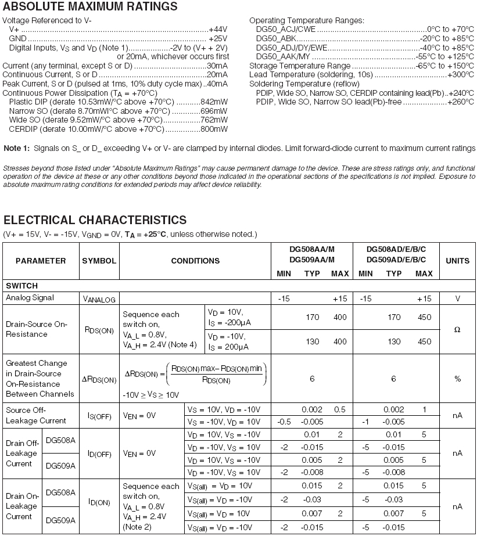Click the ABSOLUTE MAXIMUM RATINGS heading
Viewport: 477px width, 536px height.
[x=90, y=7]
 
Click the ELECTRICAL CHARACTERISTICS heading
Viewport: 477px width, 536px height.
[x=95, y=220]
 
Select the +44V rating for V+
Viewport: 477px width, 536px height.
[x=218, y=28]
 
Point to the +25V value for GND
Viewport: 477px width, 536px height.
[x=218, y=38]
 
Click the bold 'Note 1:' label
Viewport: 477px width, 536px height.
[x=16, y=148]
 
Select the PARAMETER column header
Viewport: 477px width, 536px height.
[x=41, y=261]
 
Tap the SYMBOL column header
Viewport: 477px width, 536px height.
[x=99, y=261]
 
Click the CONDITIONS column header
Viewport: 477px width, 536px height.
[x=195, y=261]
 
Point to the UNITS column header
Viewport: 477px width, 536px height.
[x=457, y=261]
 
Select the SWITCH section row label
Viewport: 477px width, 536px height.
[x=21, y=286]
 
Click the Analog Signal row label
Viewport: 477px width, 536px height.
[x=30, y=298]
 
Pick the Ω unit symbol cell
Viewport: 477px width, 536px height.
[x=457, y=329]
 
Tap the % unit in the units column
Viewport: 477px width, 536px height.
[x=457, y=379]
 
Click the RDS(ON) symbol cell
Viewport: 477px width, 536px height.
[x=99, y=329]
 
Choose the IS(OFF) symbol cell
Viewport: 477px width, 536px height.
[x=99, y=415]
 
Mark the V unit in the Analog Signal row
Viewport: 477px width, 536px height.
[x=457, y=298]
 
